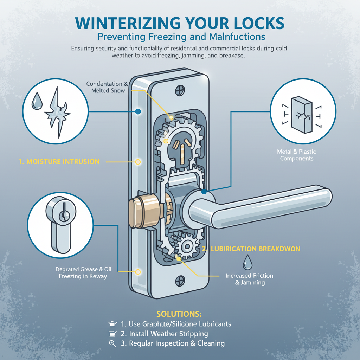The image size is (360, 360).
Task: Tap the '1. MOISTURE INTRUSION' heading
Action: (59, 162)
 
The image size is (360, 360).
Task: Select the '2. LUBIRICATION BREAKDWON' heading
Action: (251, 249)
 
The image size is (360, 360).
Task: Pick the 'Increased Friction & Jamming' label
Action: (249, 279)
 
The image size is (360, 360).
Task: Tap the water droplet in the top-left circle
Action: (36, 102)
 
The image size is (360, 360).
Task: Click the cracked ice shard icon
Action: (58, 112)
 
